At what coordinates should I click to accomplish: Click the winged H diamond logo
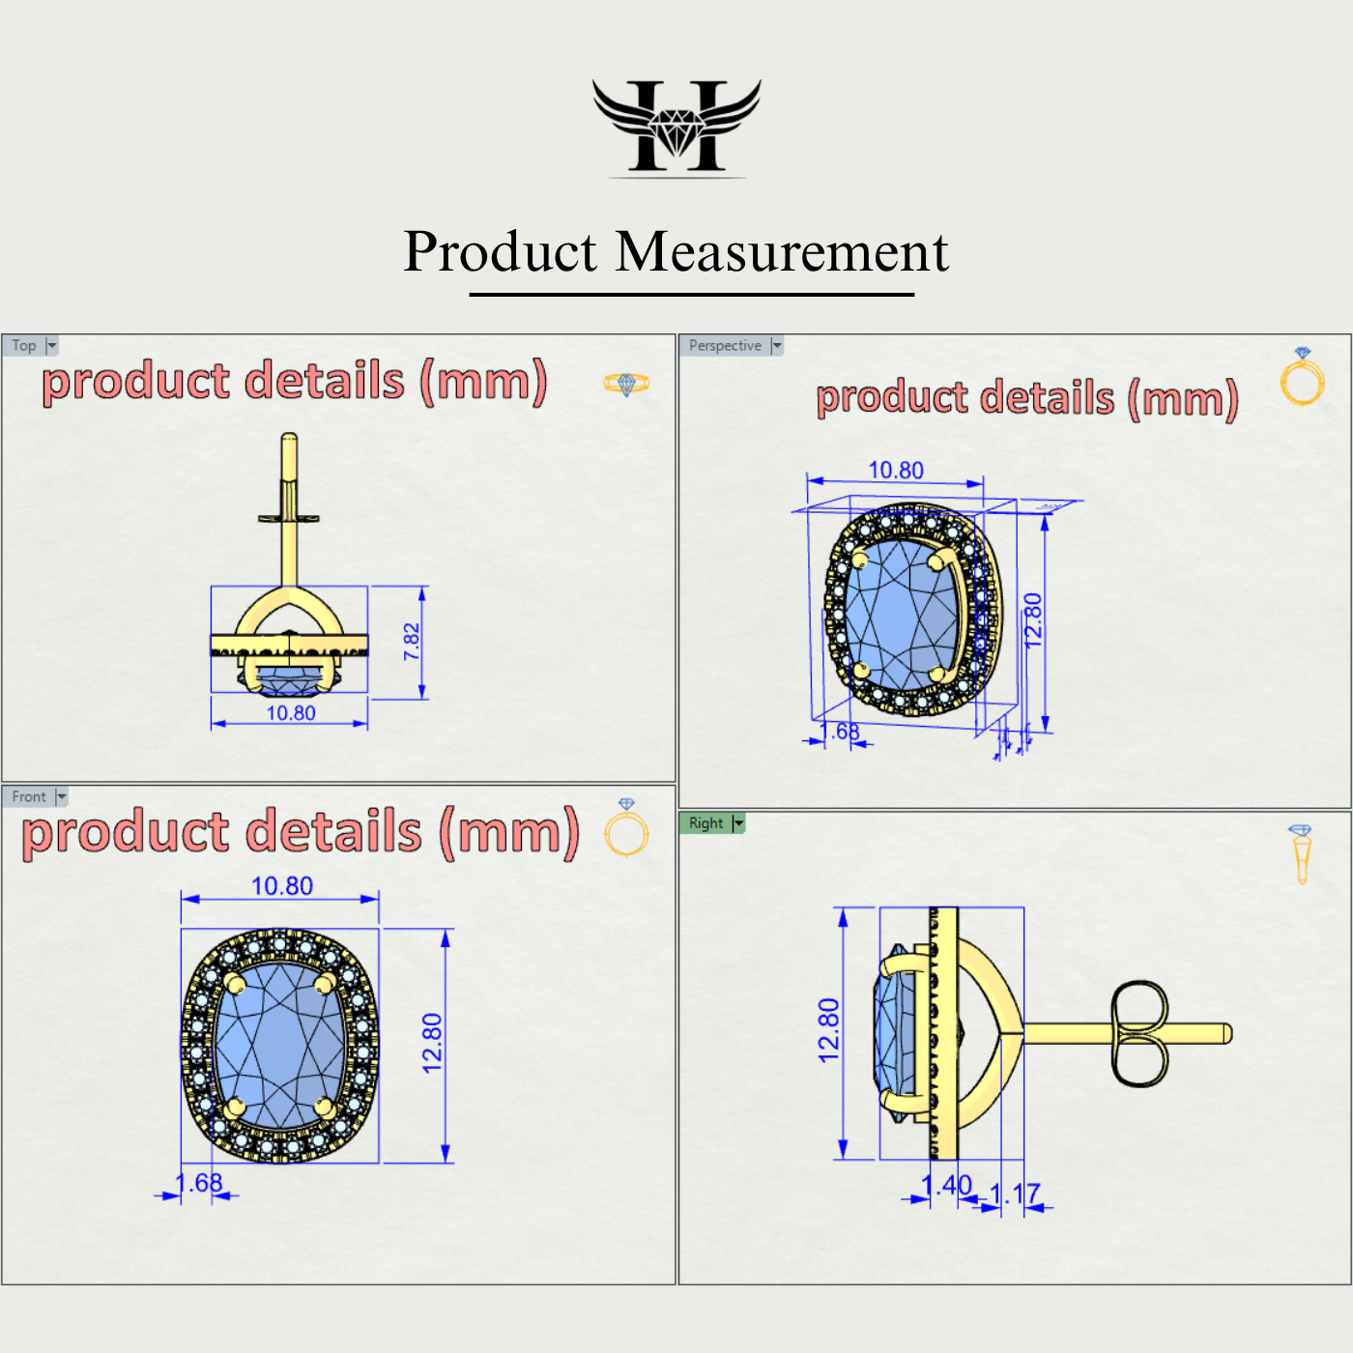click(x=676, y=127)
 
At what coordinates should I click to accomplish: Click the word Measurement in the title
click(x=782, y=252)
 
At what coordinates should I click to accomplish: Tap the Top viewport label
click(x=24, y=346)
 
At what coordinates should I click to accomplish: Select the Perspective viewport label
click(x=725, y=346)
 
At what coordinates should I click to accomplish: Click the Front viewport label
click(x=29, y=797)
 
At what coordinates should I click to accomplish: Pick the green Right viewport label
click(x=706, y=823)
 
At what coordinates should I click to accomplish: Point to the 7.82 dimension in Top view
click(x=412, y=642)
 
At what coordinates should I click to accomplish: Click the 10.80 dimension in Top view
click(x=291, y=713)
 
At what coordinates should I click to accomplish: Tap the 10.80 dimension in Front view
click(x=282, y=886)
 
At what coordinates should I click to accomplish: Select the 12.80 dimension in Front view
click(x=432, y=1043)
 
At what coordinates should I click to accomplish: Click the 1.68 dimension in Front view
click(x=199, y=1183)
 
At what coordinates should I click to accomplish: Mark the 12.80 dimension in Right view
click(x=829, y=1030)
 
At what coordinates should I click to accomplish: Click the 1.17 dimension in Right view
click(x=1015, y=1195)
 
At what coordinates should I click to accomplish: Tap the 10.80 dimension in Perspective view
click(x=896, y=471)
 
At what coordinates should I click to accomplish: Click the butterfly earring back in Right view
click(x=1139, y=1034)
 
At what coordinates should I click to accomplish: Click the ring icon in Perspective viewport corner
click(x=1302, y=378)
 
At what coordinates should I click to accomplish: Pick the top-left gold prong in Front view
click(x=235, y=983)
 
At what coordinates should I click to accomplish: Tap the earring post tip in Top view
click(x=289, y=440)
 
